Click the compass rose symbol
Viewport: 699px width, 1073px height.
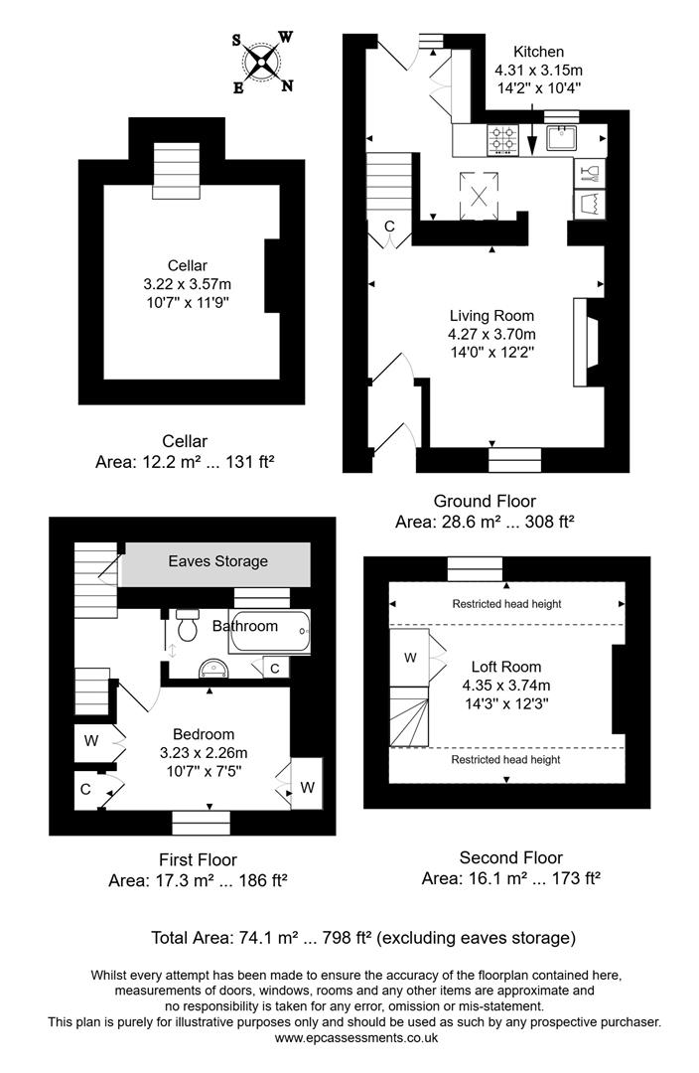[x=262, y=63]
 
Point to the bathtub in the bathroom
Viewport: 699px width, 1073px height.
[x=271, y=630]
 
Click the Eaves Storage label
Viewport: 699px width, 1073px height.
[x=217, y=561]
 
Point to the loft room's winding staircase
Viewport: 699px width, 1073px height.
[x=409, y=716]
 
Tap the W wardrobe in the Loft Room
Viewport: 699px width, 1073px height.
[x=410, y=657]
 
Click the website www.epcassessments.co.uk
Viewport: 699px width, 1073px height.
[x=355, y=1038]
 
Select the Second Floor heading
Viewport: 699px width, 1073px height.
[x=510, y=857]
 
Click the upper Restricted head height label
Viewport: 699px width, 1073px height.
[x=506, y=604]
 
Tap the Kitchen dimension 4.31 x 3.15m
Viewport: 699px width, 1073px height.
[x=538, y=71]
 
